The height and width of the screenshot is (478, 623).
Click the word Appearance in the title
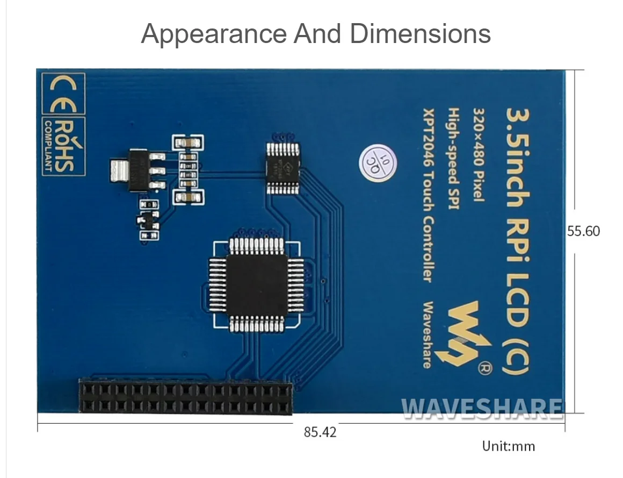[214, 34]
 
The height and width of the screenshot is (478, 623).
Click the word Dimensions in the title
[420, 34]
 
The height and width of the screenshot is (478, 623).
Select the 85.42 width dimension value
[320, 432]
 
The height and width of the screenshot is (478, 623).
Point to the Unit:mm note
[508, 446]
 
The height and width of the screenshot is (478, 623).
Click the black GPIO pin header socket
[186, 397]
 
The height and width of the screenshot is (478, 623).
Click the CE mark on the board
[63, 96]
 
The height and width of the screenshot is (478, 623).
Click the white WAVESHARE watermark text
[482, 409]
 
